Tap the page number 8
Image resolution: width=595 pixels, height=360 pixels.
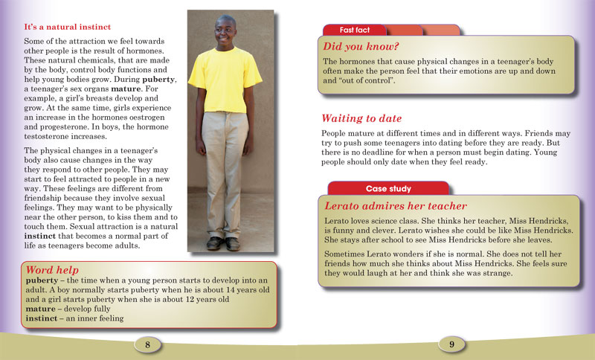[x=148, y=344]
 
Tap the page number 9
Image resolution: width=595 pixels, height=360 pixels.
[x=451, y=344]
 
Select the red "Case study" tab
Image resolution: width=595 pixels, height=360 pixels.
[x=388, y=189]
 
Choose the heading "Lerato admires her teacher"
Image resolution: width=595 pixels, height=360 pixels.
[x=396, y=206]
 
